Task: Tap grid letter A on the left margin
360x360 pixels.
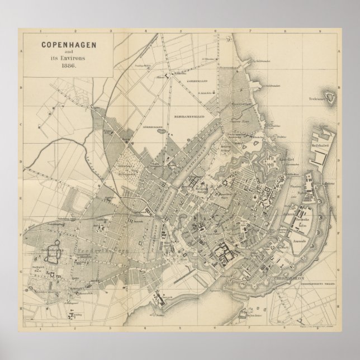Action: coord(21,51)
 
